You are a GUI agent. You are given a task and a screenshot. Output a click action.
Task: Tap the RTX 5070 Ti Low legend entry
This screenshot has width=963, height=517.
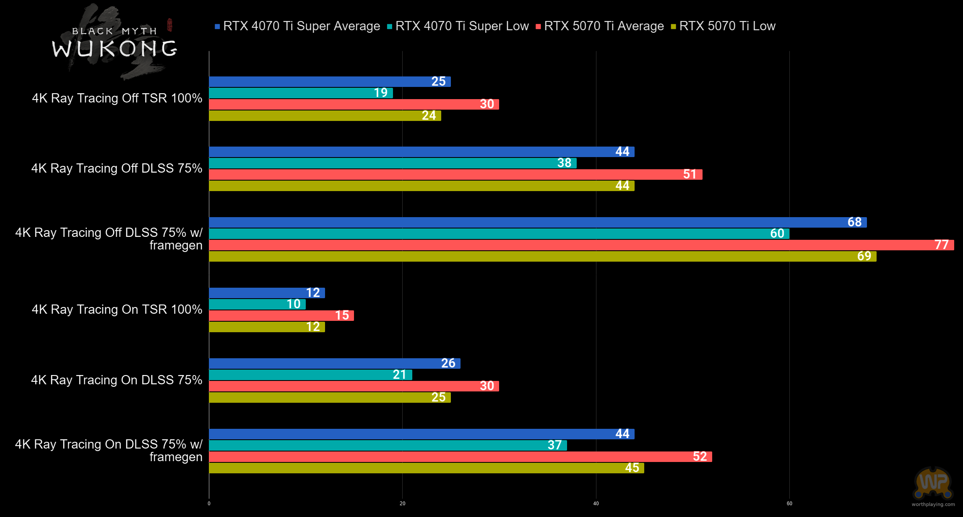pos(724,26)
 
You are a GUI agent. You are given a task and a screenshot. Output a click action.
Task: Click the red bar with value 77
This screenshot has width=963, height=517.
pos(581,245)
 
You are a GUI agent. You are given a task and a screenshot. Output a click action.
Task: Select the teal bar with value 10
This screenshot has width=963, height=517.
pos(257,304)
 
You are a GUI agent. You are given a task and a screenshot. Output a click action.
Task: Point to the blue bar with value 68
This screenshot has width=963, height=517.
pos(538,222)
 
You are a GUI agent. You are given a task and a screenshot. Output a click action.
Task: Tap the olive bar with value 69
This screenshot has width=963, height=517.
pos(543,256)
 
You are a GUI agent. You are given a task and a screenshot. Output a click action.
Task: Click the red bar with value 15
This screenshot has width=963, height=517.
pos(281,315)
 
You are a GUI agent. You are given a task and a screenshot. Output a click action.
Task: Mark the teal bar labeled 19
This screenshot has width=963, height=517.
pos(301,93)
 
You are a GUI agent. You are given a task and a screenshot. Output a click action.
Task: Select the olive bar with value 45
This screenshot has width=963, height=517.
pos(426,468)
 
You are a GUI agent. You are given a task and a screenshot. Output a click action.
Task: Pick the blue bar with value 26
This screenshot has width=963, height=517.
pos(334,363)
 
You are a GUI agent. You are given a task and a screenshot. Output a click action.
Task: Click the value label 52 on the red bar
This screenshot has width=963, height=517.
pos(700,457)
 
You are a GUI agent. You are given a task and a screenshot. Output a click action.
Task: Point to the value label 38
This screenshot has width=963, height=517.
pos(564,163)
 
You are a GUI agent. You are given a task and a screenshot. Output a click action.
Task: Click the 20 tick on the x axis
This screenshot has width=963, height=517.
pos(402,504)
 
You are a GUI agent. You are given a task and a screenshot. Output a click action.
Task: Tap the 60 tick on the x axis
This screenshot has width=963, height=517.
pos(789,504)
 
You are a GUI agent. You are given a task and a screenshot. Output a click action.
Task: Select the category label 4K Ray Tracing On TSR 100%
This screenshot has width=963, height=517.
pos(117,310)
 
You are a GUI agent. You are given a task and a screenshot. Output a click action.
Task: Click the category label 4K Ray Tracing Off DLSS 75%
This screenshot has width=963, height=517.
pos(117,168)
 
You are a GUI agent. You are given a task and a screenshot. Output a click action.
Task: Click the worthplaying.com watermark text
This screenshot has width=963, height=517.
pos(933,504)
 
